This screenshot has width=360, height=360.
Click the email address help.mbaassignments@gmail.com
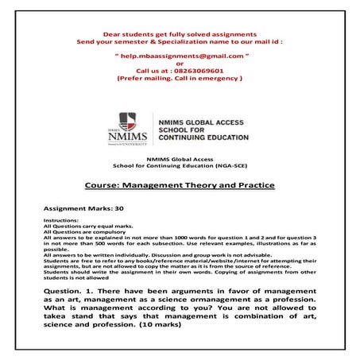tap(180, 57)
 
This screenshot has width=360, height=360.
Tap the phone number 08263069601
tap(198, 72)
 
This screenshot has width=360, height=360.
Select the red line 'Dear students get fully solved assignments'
tap(179, 33)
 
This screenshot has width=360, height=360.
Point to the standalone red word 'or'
tap(180, 64)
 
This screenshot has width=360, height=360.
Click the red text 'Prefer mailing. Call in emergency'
tap(180, 79)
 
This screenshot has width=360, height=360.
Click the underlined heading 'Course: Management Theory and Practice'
tap(180, 185)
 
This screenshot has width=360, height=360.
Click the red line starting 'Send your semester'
tap(180, 41)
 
